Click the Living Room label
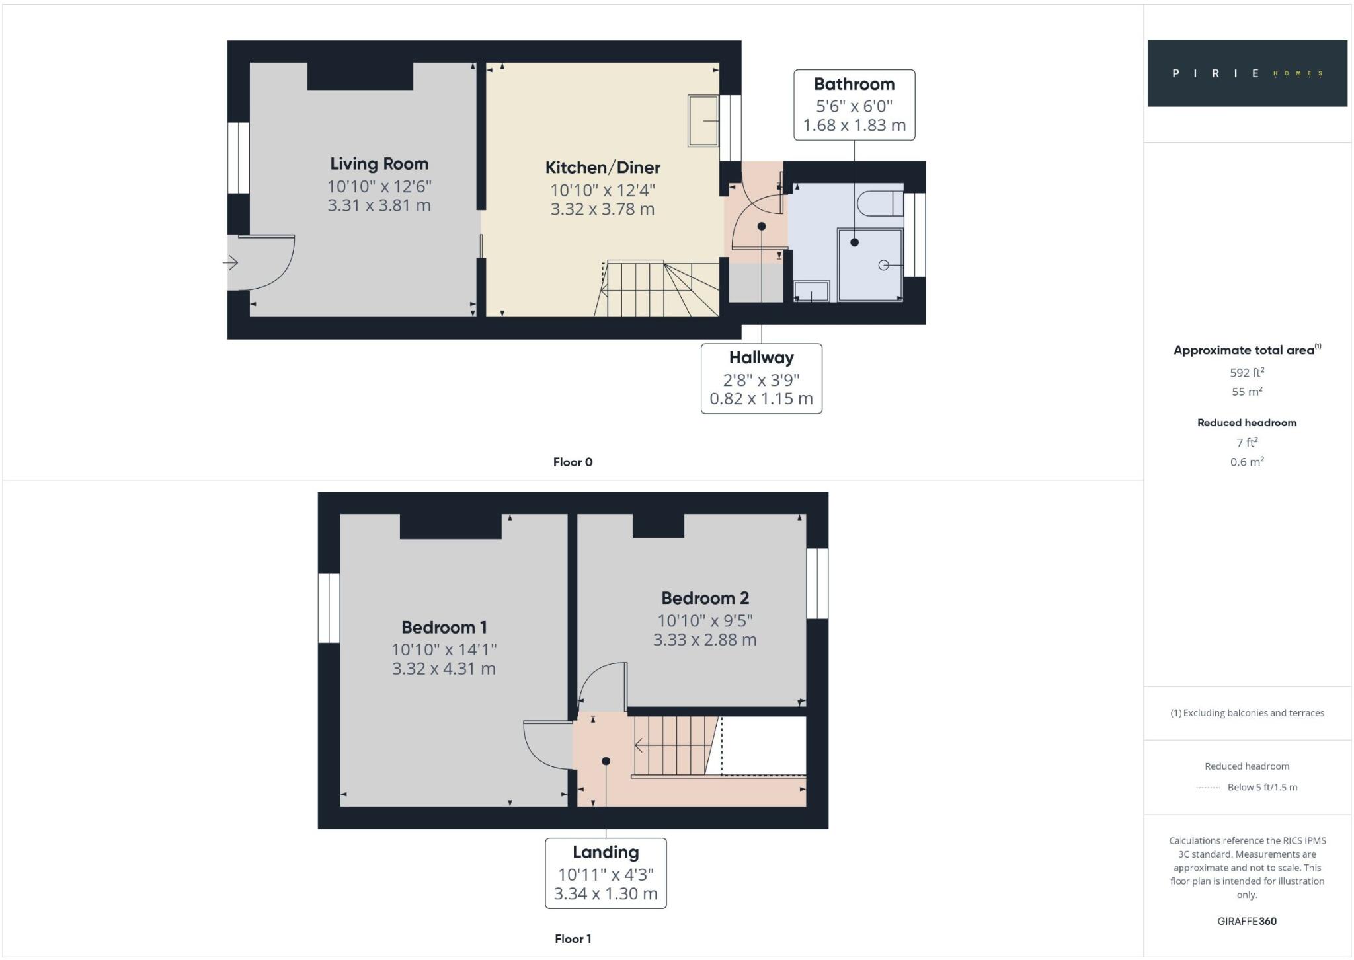click(x=379, y=164)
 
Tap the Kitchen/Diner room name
click(x=602, y=168)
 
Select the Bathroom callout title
click(x=854, y=85)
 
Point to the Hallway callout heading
click(x=761, y=358)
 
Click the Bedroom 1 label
click(x=444, y=628)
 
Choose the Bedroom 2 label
click(x=705, y=599)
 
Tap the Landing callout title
click(x=606, y=853)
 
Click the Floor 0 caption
click(x=573, y=462)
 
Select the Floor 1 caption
click(x=573, y=939)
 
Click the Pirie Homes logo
click(x=1247, y=73)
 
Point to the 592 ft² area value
click(x=1247, y=373)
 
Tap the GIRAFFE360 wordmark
click(x=1247, y=922)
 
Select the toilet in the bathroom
click(x=880, y=203)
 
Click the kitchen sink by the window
click(x=703, y=121)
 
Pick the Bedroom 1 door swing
click(x=546, y=745)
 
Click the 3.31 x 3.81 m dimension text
click(x=379, y=205)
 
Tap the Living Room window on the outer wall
click(x=238, y=158)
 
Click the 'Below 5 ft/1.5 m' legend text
click(x=1262, y=788)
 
